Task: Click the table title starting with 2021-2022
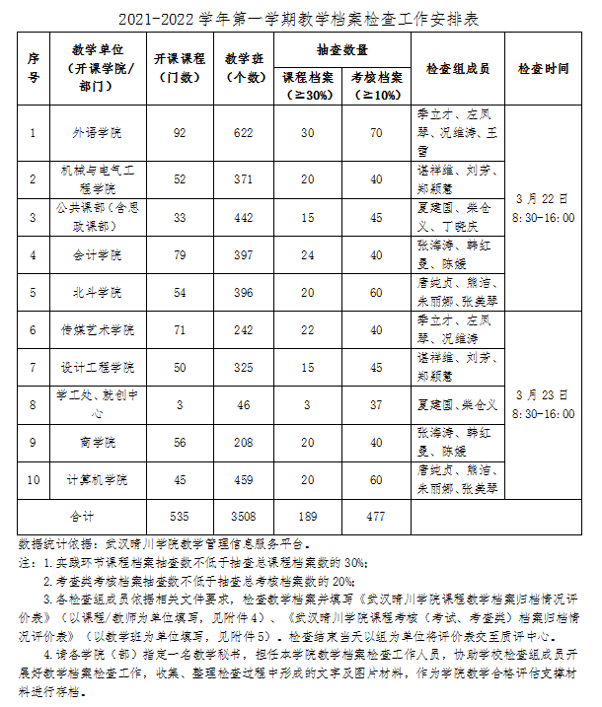301,18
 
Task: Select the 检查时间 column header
543,69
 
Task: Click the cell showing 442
240,217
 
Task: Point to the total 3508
240,516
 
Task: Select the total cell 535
179,516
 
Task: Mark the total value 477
375,516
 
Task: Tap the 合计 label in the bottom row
81,516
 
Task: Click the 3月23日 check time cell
543,404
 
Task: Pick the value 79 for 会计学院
179,254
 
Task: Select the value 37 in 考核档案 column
375,404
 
